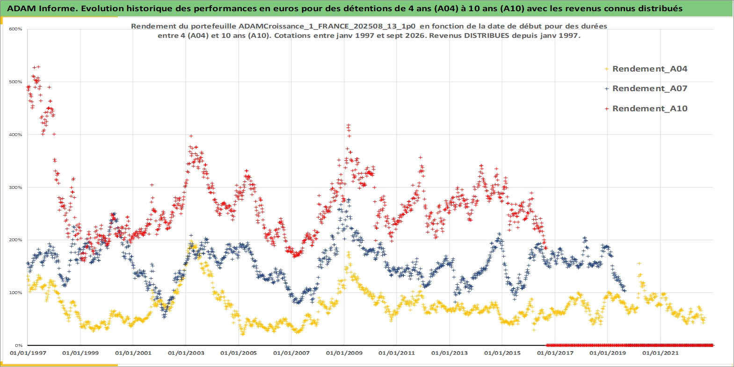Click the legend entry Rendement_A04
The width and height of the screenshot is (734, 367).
pyautogui.click(x=649, y=69)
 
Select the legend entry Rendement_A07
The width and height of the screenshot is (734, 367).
pyautogui.click(x=649, y=88)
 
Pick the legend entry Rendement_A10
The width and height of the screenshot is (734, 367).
pyautogui.click(x=649, y=108)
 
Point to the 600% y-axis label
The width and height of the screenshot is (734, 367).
pyautogui.click(x=15, y=29)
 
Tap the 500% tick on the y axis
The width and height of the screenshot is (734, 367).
pyautogui.click(x=15, y=82)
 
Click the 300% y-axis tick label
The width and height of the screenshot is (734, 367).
pyautogui.click(x=15, y=187)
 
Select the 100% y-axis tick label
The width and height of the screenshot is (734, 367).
pyautogui.click(x=15, y=293)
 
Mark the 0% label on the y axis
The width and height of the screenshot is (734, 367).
pyautogui.click(x=19, y=345)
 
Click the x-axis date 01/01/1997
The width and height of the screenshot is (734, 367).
pyautogui.click(x=28, y=353)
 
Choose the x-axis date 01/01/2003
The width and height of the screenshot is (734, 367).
pyautogui.click(x=186, y=353)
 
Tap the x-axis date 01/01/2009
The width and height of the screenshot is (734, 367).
pyautogui.click(x=344, y=353)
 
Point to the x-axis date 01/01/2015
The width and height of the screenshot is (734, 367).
pyautogui.click(x=502, y=353)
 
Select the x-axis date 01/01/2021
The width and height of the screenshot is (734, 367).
pyautogui.click(x=660, y=353)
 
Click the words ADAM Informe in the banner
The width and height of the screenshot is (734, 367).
pyautogui.click(x=42, y=8)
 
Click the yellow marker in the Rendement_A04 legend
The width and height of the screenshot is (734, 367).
pyautogui.click(x=607, y=69)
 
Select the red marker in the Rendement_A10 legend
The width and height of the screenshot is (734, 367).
pyautogui.click(x=607, y=108)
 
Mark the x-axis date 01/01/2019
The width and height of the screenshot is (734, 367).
pyautogui.click(x=608, y=353)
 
